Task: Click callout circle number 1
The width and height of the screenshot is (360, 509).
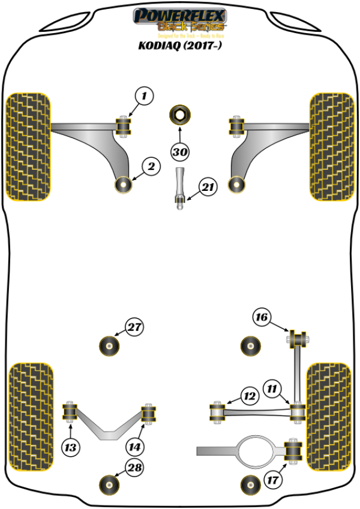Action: click(144, 95)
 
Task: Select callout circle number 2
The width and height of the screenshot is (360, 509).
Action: click(151, 167)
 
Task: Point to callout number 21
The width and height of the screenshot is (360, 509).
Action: click(207, 188)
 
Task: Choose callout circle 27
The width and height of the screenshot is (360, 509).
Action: click(134, 328)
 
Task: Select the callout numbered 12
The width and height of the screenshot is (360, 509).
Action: click(249, 396)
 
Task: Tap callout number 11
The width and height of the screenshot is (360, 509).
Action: click(274, 390)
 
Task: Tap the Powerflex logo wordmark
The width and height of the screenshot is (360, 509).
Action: click(180, 15)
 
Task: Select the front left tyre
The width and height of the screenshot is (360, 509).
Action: click(28, 146)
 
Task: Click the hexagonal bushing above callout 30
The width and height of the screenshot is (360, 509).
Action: click(179, 114)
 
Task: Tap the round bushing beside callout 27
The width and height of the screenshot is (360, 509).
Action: click(110, 345)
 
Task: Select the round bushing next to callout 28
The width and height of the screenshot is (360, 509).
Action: click(110, 484)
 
